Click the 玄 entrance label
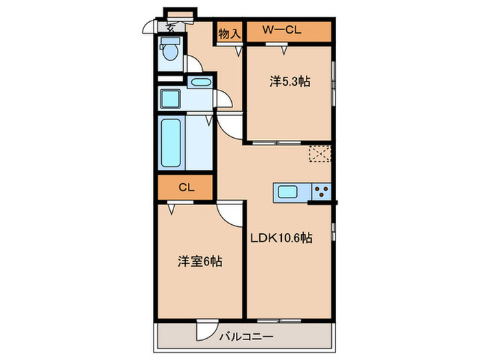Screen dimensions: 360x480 coord(169,28)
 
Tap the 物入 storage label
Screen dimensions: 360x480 coord(230,32)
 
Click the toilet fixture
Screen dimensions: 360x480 coord(169,51)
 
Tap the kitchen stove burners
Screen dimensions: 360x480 coord(322,192)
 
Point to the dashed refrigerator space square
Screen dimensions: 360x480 coord(320,155)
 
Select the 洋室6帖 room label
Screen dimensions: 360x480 coord(200,261)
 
